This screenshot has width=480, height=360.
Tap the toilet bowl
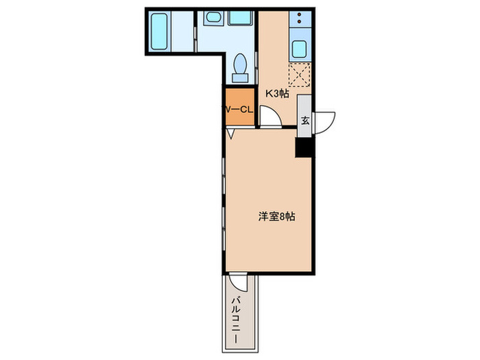pos(240,64)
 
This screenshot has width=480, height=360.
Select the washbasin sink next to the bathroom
pos(213,19)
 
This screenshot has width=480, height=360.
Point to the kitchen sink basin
pos(300,49)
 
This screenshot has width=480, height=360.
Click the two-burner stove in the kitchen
pos(300,21)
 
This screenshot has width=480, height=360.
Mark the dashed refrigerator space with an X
pos(300,73)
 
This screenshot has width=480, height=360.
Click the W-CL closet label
pos(238,108)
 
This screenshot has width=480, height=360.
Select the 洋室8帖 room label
pos(277,216)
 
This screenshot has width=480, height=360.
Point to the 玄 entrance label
pos(305,120)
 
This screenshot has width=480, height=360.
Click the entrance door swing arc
pos(326,119)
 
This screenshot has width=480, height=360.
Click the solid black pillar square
pos(304,146)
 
